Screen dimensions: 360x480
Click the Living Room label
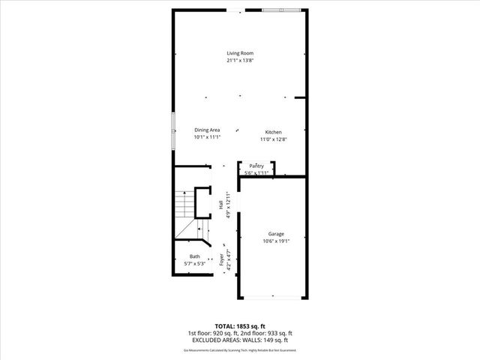click(240, 53)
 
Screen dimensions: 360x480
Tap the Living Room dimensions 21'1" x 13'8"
click(240, 61)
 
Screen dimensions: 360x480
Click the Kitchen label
click(273, 132)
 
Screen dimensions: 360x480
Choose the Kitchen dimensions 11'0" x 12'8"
click(273, 139)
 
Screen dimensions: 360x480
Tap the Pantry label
click(256, 166)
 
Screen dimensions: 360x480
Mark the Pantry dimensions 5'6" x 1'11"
click(256, 173)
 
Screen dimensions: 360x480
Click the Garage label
click(276, 234)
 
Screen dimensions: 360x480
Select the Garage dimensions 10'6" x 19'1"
click(276, 241)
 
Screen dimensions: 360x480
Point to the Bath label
click(195, 256)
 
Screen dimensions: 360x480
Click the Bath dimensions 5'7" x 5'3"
click(195, 264)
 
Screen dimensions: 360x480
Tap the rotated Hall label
click(220, 205)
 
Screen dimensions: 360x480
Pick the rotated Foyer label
click(222, 259)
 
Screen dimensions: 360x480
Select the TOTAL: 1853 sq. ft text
click(240, 325)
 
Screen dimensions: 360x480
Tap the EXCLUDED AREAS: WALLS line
click(240, 340)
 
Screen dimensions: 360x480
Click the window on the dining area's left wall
click(174, 123)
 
